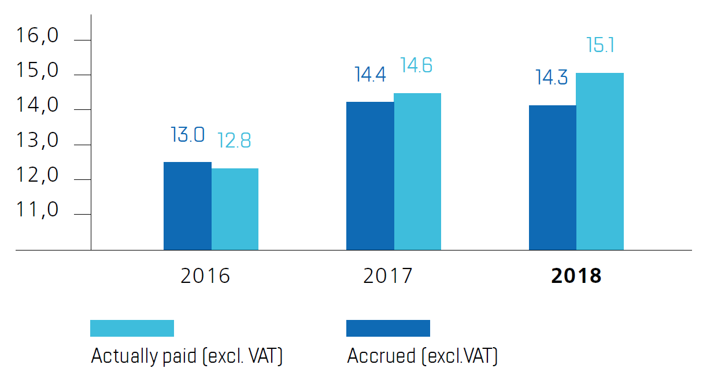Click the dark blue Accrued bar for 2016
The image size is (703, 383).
point(187,206)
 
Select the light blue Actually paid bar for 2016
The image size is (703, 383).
point(235,209)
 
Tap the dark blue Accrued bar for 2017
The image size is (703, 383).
point(370,176)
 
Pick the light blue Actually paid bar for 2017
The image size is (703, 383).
point(417,171)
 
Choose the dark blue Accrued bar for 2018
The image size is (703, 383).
point(553,178)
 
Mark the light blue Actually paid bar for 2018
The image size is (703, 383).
point(600,161)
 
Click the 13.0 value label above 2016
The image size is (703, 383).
point(187,135)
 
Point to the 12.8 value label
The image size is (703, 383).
point(234,141)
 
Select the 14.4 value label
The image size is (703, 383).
point(370,75)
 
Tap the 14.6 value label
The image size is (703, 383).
point(416,65)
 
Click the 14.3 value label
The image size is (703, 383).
point(552,78)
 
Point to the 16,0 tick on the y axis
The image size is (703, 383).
point(38,36)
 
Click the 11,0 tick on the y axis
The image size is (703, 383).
point(38,210)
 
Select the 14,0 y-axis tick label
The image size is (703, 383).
point(38,106)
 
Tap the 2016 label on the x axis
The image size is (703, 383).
point(205,276)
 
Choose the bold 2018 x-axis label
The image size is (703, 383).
point(576,276)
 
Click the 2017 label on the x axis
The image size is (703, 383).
point(388,276)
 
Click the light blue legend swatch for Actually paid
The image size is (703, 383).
point(132,328)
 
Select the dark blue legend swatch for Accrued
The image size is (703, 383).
point(388,328)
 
